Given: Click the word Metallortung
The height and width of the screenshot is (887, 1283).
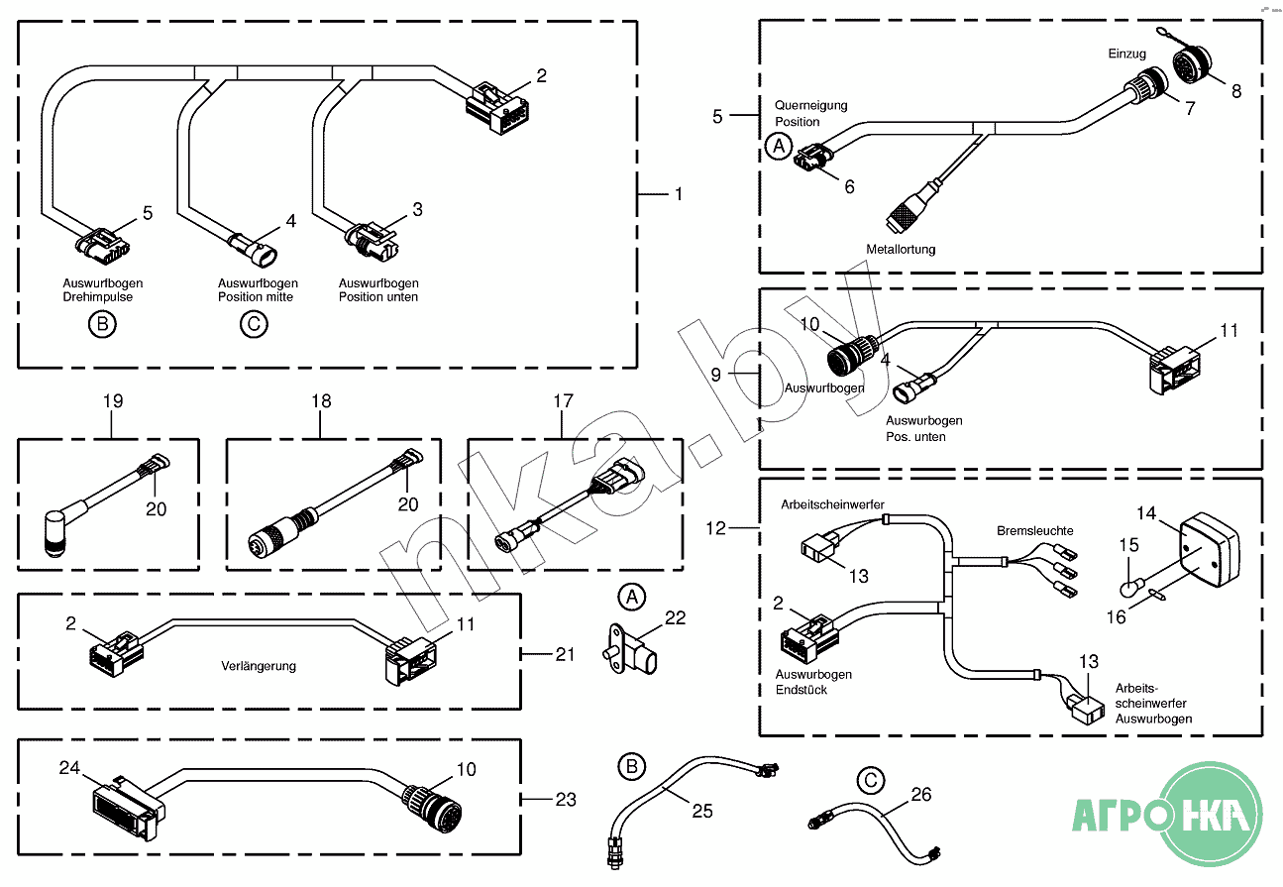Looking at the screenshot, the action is [901, 250].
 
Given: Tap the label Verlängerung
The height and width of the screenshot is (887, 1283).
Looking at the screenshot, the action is [259, 666].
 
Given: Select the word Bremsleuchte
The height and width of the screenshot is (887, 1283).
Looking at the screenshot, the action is [1035, 530].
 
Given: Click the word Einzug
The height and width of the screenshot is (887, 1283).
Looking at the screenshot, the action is [1126, 54].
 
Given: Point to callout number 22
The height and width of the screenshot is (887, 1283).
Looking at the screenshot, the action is [676, 617].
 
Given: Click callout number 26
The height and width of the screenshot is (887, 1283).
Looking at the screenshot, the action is [921, 794].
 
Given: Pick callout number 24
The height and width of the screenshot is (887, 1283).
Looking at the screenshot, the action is [69, 768].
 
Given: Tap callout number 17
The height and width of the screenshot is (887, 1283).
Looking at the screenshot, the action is [563, 400].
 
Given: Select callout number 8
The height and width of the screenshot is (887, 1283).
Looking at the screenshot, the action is [1236, 91].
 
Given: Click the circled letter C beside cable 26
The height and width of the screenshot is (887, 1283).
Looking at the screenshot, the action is [871, 780].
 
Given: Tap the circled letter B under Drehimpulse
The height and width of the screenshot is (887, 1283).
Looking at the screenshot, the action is [102, 324].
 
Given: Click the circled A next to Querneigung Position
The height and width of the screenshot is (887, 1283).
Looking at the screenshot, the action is [779, 146].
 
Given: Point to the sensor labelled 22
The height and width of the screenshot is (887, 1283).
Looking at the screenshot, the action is [629, 651].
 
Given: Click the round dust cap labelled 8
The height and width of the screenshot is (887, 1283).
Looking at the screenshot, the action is [1192, 63].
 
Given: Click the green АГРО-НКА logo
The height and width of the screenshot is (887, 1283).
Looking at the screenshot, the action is [1167, 815].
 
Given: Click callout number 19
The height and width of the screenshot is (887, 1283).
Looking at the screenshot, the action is [113, 400].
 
